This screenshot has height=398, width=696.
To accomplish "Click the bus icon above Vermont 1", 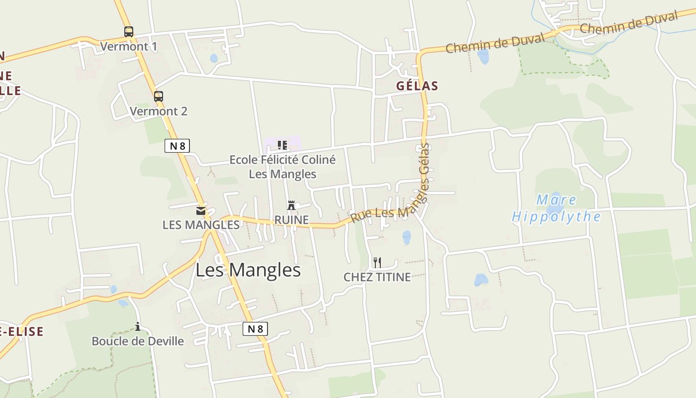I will click(x=129, y=32).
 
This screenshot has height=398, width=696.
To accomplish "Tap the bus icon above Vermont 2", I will click(x=159, y=97).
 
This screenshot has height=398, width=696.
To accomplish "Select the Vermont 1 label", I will click(x=129, y=47).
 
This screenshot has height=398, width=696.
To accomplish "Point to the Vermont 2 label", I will click(x=159, y=111).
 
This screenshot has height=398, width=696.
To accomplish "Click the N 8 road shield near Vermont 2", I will click(x=177, y=146).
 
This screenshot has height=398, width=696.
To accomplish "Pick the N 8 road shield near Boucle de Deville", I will click(x=255, y=328).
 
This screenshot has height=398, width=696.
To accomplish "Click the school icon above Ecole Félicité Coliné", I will click(x=282, y=145).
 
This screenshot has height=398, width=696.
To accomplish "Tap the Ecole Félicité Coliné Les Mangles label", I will click(x=282, y=167).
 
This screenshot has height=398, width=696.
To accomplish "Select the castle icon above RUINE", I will click(x=291, y=205).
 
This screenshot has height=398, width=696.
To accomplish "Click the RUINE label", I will click(x=291, y=220).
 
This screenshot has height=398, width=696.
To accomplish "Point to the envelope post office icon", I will click(x=201, y=211).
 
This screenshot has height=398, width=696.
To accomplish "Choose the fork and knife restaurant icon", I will click(x=377, y=262).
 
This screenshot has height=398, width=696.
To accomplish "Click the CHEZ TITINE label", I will click(x=377, y=277).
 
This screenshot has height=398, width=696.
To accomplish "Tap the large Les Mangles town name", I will click(x=248, y=270).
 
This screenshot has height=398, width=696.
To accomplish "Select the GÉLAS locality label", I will click(x=417, y=86).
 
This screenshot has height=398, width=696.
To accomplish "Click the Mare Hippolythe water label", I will click(x=556, y=208).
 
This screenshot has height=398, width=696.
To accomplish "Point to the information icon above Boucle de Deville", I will click(x=138, y=326).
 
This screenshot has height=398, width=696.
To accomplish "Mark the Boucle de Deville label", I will click(x=138, y=341).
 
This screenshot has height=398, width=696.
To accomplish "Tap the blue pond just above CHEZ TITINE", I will click(x=407, y=237).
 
